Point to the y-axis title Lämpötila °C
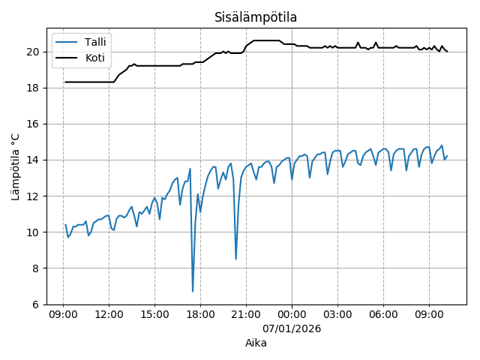(x=16, y=166)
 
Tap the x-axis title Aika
(x=256, y=343)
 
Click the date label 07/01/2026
(x=292, y=328)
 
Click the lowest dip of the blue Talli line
(x=193, y=291)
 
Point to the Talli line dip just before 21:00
(x=236, y=259)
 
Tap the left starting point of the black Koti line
(x=65, y=82)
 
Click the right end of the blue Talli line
(x=447, y=156)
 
